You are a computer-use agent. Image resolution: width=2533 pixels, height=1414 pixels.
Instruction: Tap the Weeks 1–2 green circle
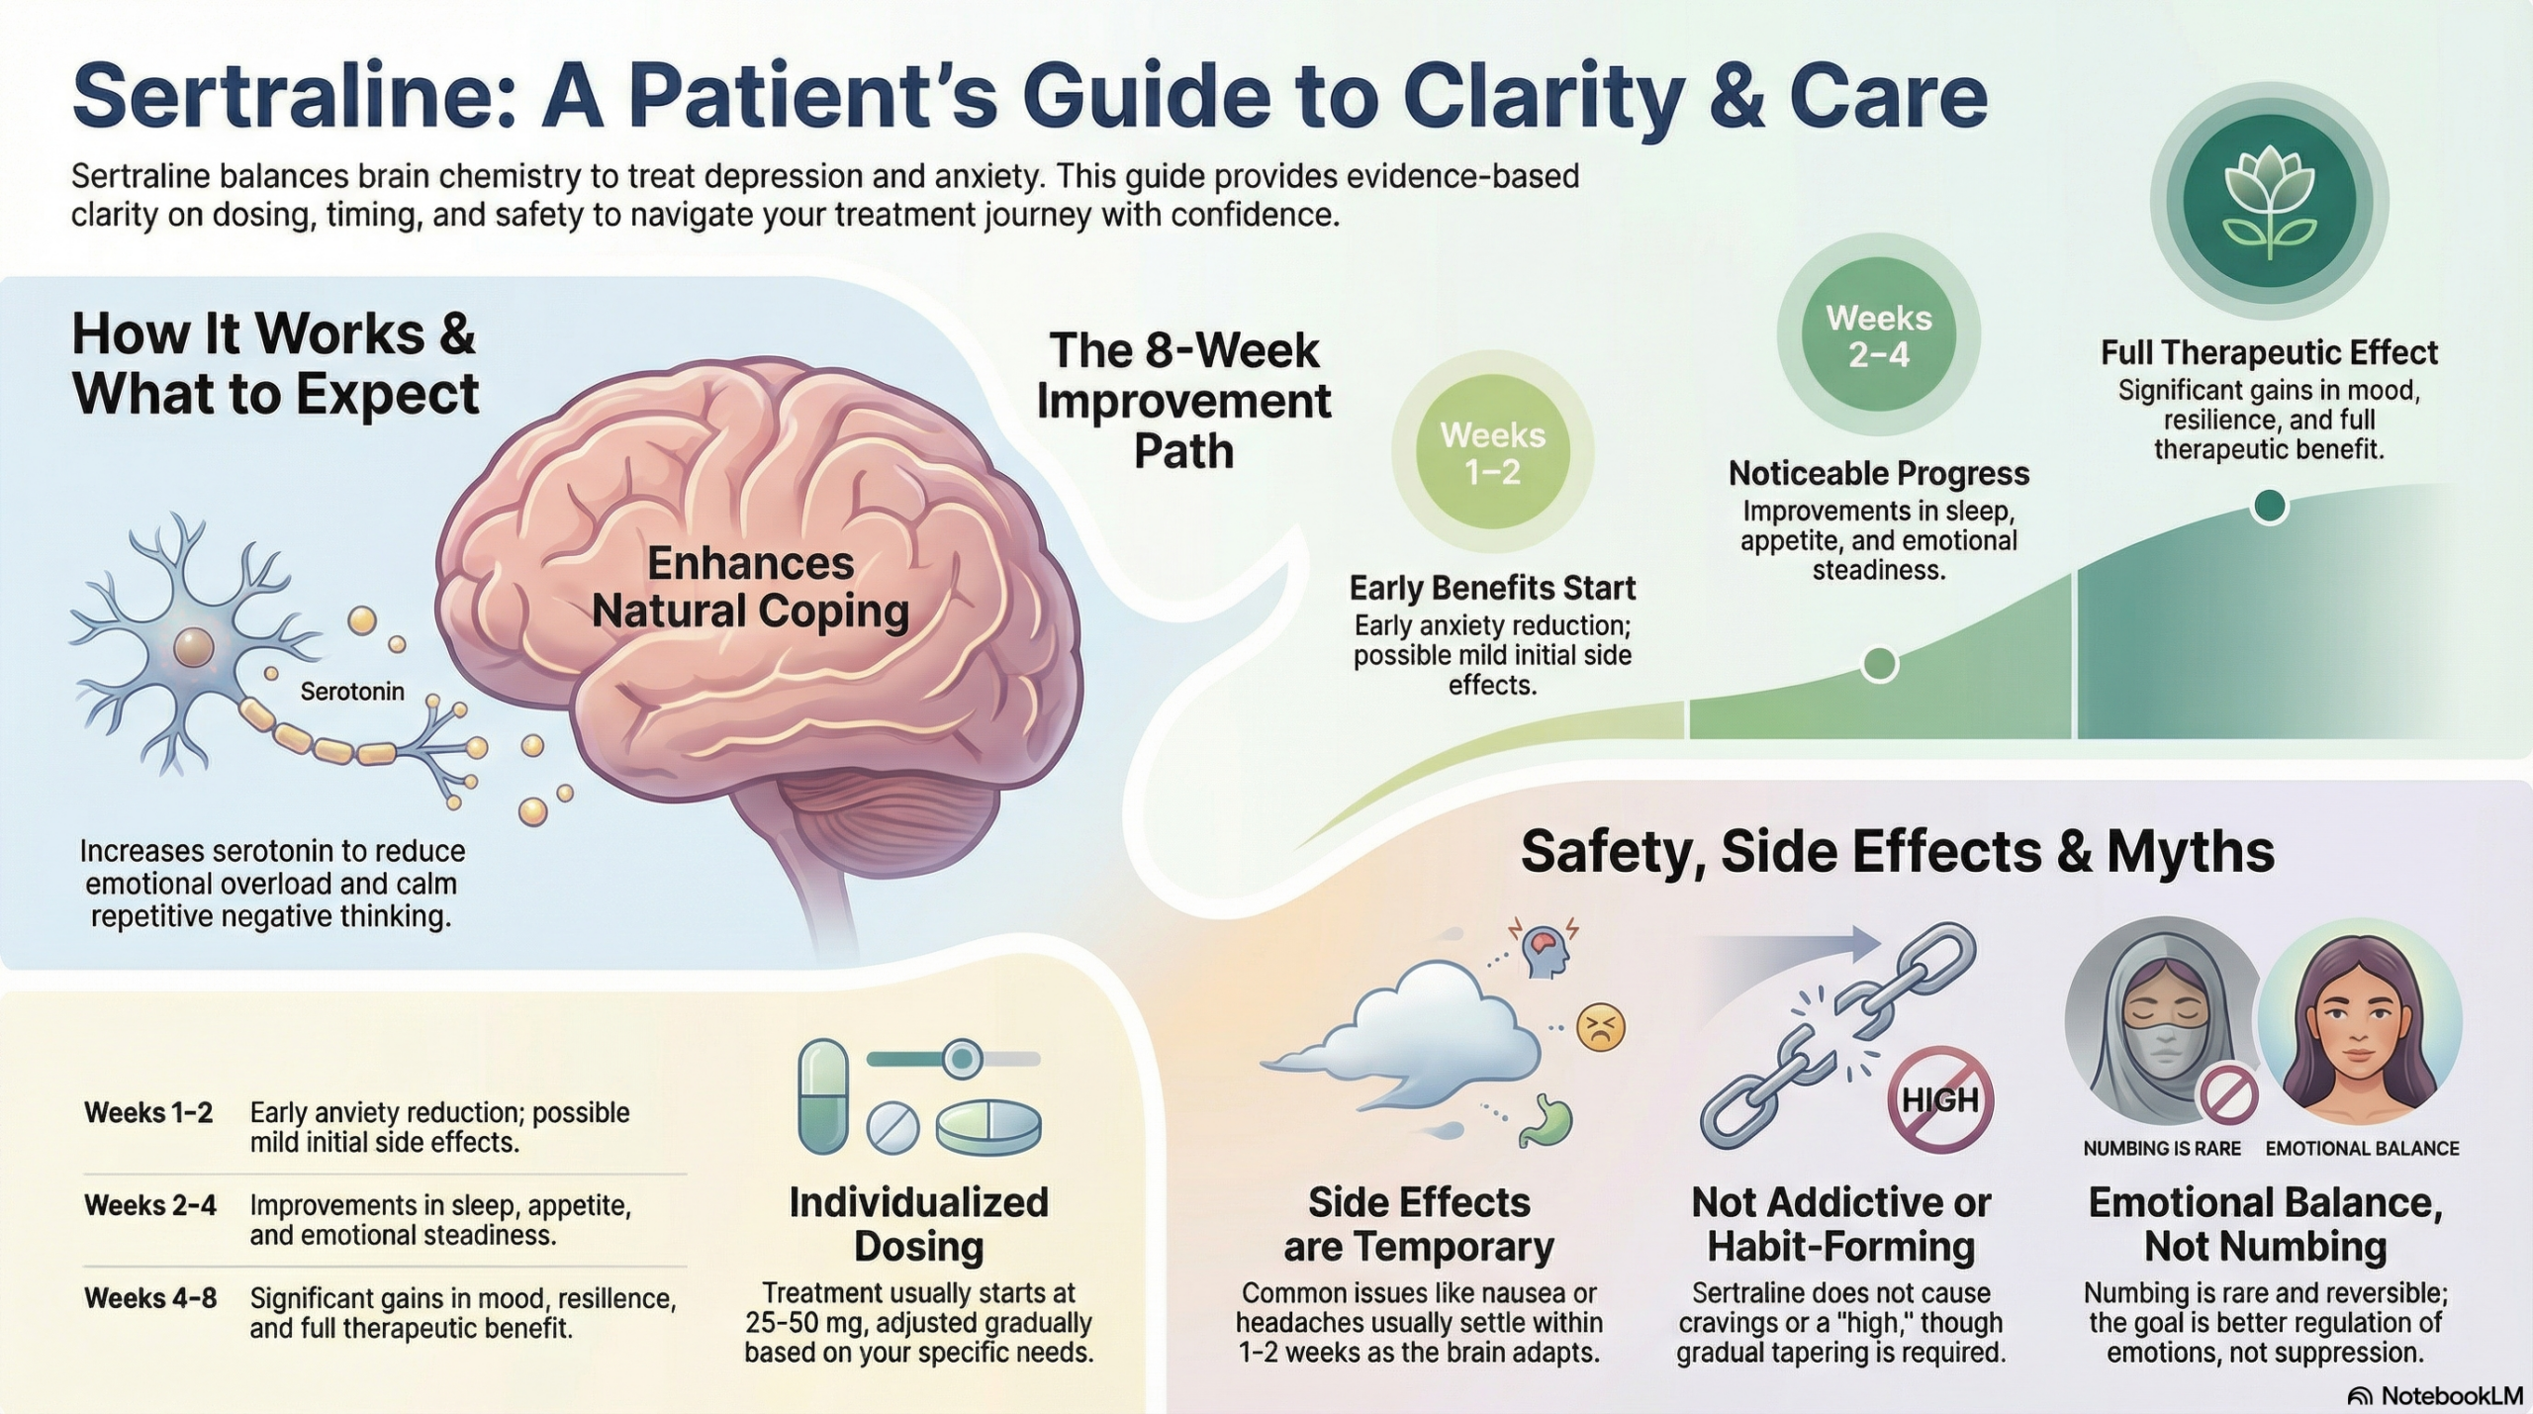pyautogui.click(x=1492, y=452)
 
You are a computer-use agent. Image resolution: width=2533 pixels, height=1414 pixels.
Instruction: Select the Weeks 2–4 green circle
pyautogui.click(x=1878, y=335)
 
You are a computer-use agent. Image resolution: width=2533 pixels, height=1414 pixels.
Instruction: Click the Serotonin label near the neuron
pyautogui.click(x=352, y=692)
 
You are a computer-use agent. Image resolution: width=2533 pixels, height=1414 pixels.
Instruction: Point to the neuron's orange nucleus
pyautogui.click(x=193, y=648)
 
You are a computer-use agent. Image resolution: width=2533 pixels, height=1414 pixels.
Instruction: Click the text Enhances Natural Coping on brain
pyautogui.click(x=750, y=587)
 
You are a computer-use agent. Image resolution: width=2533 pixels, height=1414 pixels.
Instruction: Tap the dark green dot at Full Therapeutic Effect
pyautogui.click(x=2269, y=507)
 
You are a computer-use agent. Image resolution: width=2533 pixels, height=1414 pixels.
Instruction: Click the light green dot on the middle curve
pyautogui.click(x=1879, y=664)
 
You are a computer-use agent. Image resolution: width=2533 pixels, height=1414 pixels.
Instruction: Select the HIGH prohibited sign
pyautogui.click(x=1940, y=1099)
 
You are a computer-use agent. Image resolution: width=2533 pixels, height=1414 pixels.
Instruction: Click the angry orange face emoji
pyautogui.click(x=1600, y=1027)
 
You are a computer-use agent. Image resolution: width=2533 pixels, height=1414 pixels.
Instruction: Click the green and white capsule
pyautogui.click(x=823, y=1095)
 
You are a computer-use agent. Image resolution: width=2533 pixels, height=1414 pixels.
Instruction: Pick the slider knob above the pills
pyautogui.click(x=961, y=1059)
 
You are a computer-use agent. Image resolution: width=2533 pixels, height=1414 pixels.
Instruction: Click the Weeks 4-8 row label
pyautogui.click(x=150, y=1297)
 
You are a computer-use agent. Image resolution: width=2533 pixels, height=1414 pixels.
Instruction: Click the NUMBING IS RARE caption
pyautogui.click(x=2162, y=1149)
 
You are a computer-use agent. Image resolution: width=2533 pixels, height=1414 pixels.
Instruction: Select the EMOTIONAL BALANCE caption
pyautogui.click(x=2362, y=1149)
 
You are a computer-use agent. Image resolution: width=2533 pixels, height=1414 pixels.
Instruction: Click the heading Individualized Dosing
pyautogui.click(x=918, y=1224)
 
